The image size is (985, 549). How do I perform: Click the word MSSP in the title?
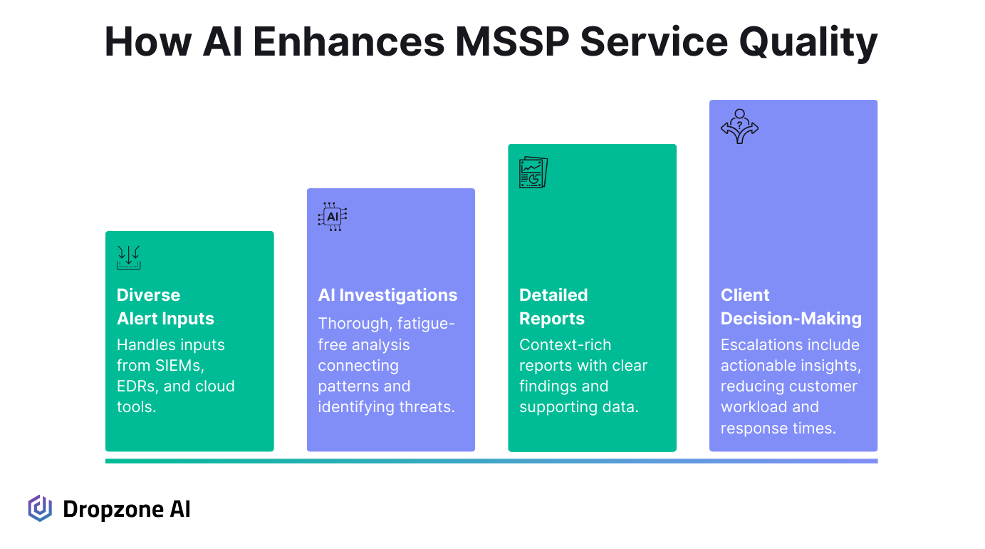[512, 42]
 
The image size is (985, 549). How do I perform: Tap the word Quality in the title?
[808, 43]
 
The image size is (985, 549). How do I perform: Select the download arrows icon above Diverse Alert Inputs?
[128, 257]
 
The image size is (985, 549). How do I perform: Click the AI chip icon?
[333, 217]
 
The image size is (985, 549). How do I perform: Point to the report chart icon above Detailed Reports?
[533, 172]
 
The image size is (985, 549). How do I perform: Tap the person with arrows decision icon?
[739, 126]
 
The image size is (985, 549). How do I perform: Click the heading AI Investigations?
[387, 295]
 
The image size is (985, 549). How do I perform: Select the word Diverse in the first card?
[149, 295]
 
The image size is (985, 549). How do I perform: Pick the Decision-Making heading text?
[791, 319]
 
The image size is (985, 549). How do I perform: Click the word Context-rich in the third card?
[565, 344]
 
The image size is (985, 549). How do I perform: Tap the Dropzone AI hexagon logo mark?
[40, 508]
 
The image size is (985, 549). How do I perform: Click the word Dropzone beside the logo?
[114, 510]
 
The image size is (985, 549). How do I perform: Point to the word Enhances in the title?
[349, 42]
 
